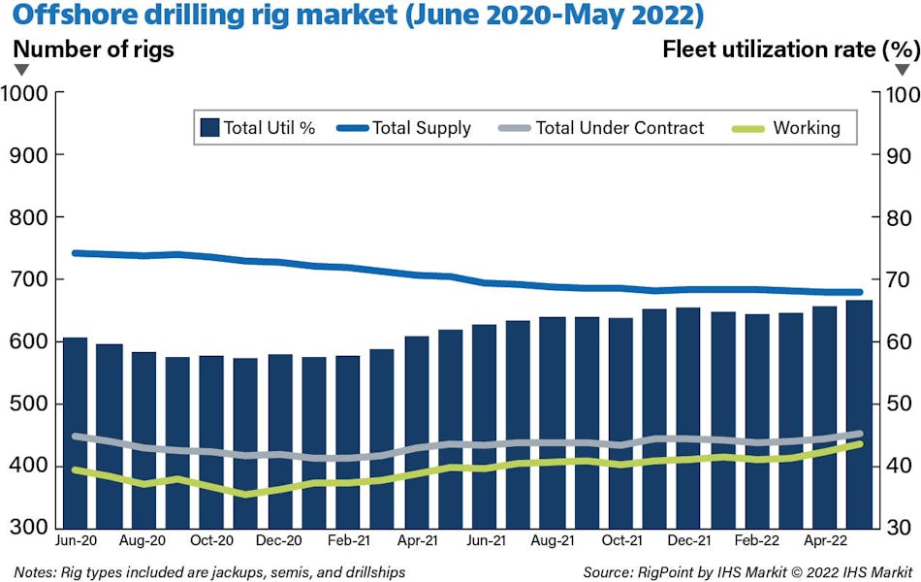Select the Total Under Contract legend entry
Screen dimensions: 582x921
click(601, 127)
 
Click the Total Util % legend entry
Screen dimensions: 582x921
click(257, 127)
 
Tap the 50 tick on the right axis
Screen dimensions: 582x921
click(891, 404)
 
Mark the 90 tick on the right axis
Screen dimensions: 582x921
click(891, 156)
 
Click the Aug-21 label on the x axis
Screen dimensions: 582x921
click(554, 540)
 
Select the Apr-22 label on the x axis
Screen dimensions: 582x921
click(824, 540)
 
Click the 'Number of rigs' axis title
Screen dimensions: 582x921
click(94, 49)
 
